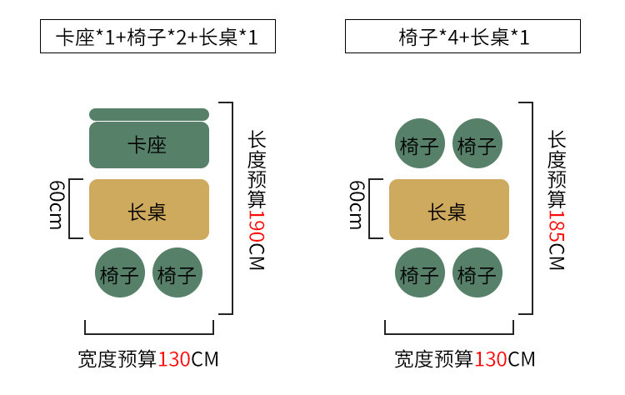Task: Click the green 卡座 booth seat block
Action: coord(148,145)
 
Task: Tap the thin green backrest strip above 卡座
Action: coord(148,114)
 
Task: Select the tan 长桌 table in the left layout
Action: coord(148,210)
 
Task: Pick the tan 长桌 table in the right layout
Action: coord(448,210)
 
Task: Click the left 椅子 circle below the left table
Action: coord(120,272)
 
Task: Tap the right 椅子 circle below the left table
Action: coord(177,272)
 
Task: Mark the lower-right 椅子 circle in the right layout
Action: coord(477,272)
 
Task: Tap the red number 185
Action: coord(556,224)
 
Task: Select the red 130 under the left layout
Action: coord(174,359)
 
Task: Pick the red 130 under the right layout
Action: coord(491,359)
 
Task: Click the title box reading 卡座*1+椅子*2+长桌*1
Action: coord(157,37)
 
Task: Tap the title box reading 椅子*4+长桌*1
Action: coord(462,37)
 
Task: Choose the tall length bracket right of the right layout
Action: coord(531,208)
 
